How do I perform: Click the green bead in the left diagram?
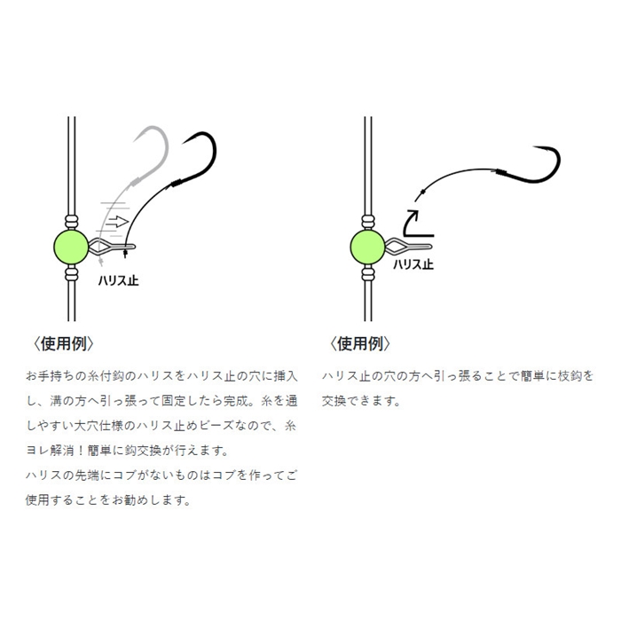pos(71,247)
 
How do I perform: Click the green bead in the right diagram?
pos(367,247)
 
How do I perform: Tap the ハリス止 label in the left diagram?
pos(118,280)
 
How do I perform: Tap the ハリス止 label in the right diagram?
pos(413,264)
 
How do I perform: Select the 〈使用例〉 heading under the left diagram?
pos(63,344)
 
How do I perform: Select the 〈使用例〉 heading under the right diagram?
pos(359,344)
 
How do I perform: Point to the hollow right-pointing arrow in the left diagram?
pos(117,221)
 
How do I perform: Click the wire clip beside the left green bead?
pos(112,247)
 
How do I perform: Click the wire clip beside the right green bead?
pos(408,247)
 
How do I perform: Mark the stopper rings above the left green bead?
pos(71,222)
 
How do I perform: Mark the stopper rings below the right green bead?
pos(368,273)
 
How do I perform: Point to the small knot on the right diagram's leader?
pos(423,192)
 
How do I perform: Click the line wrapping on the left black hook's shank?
pos(177,183)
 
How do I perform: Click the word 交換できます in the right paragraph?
pos(360,401)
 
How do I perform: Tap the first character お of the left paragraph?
pos(32,375)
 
